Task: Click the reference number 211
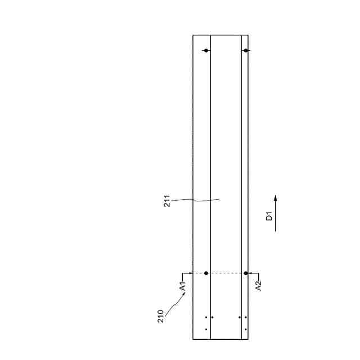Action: point(167,201)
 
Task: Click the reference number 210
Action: point(161,316)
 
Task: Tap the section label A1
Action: point(183,286)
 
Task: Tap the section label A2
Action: point(259,286)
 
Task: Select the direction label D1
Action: point(269,216)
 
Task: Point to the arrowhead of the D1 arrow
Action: point(276,197)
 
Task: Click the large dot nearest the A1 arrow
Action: point(206,273)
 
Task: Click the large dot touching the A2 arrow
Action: point(246,273)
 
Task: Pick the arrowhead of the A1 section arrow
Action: point(190,273)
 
